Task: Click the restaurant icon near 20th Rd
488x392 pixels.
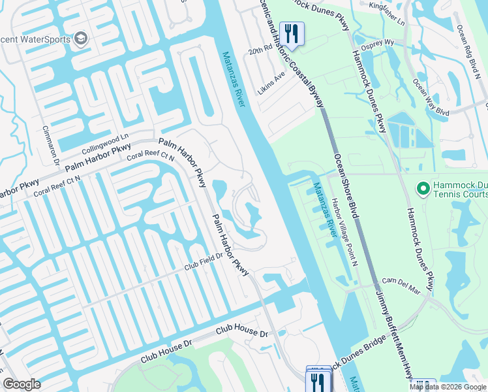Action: [x=292, y=33]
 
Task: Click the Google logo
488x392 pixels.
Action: [x=22, y=384]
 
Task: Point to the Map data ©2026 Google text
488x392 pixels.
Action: [x=448, y=387]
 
